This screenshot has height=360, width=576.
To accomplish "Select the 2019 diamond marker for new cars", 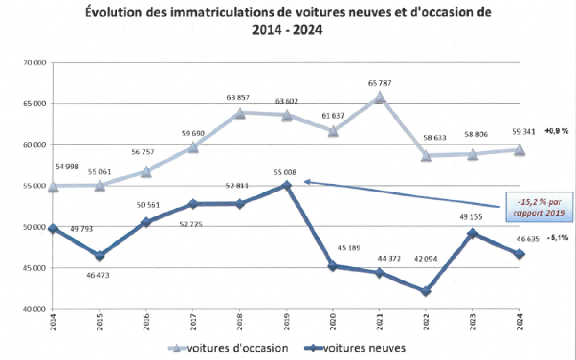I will (x=286, y=186).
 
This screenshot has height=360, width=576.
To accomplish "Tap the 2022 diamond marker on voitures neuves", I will (x=426, y=291).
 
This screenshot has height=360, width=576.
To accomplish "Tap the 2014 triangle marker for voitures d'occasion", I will (x=53, y=186).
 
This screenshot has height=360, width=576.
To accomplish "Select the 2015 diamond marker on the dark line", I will (x=100, y=256).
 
